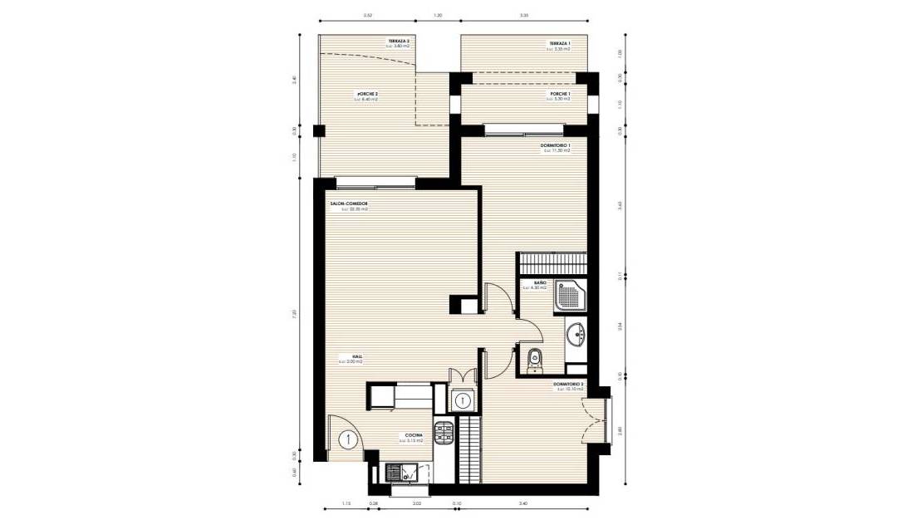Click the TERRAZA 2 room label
point(399,41)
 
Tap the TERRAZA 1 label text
point(558,43)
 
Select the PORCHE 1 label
point(560,95)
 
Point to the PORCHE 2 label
point(367,95)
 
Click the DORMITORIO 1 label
point(555,145)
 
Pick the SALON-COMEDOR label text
point(349,204)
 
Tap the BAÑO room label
point(540,284)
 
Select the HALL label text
point(345,356)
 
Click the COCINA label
point(414,435)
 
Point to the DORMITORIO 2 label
point(570,384)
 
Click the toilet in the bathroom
point(534,359)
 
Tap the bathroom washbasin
point(575,334)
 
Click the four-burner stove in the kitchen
point(444,431)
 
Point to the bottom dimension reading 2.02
point(417,503)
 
